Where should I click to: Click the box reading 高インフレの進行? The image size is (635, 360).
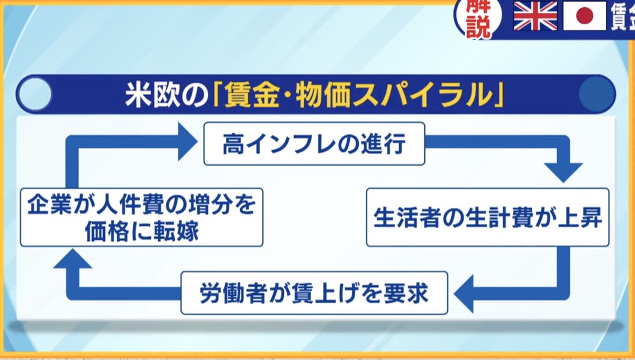[x=314, y=144]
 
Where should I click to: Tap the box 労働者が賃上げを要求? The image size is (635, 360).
[x=314, y=293]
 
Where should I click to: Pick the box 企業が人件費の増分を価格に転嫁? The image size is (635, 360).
[x=141, y=217]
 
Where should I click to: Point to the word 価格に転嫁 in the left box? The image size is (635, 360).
[x=142, y=231]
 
